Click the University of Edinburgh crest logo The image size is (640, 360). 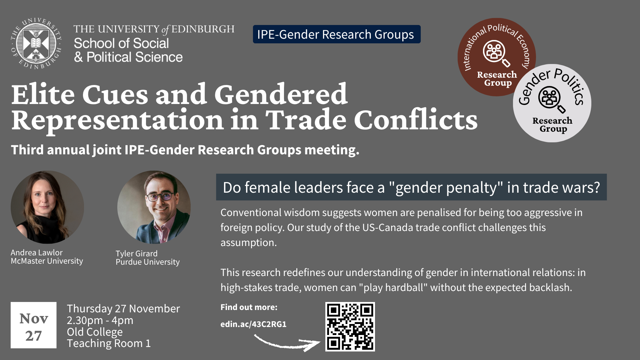36,43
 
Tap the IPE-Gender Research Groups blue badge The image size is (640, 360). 337,34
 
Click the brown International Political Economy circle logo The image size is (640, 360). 497,57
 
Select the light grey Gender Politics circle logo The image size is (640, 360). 552,103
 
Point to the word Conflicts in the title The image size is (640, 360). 416,120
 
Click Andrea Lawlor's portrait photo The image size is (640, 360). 47,207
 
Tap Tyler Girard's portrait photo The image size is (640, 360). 154,207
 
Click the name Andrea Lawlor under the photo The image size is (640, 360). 37,253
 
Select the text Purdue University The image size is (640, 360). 148,262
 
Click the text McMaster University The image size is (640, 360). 47,261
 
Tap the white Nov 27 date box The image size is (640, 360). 34,325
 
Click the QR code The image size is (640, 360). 350,327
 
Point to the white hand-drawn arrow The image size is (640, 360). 287,344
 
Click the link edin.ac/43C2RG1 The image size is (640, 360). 253,324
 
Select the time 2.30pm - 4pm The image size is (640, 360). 100,320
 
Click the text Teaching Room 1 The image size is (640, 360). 109,343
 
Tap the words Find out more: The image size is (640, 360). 249,307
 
